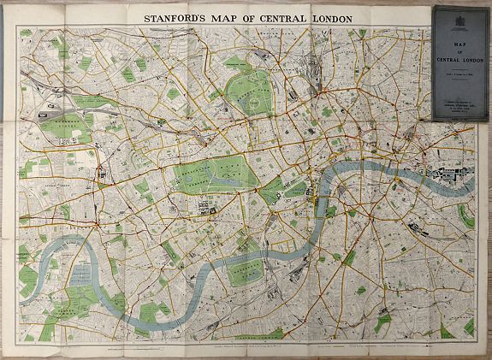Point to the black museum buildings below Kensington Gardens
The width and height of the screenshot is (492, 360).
(205, 206)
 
